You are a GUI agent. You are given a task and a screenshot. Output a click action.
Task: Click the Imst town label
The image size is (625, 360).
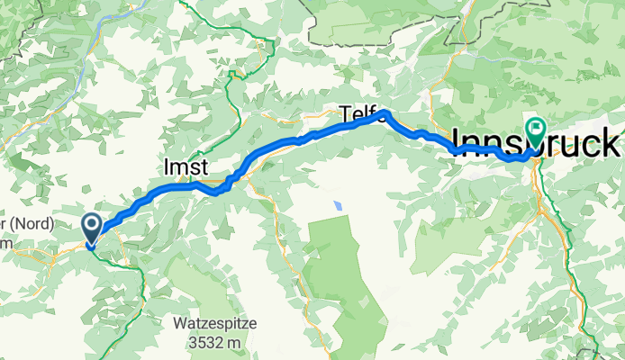tap(186, 167)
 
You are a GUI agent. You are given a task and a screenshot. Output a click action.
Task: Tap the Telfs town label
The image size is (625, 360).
tap(358, 113)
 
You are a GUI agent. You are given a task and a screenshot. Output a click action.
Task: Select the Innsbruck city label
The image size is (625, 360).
tap(536, 142)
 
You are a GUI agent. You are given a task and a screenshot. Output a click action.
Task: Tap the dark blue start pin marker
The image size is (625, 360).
tap(93, 228)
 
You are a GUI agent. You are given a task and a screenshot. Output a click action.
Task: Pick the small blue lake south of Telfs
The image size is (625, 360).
tap(338, 205)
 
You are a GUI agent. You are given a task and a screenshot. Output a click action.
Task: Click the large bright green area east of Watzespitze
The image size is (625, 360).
tap(347, 270)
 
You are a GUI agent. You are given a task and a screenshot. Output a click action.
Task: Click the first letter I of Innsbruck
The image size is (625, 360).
tap(457, 142)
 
